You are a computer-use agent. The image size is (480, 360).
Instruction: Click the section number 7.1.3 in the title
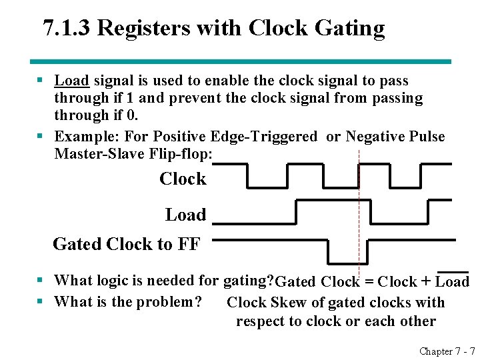[69, 29]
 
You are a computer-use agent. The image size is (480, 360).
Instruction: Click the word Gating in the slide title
[351, 29]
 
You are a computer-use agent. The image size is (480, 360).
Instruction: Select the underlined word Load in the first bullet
[71, 81]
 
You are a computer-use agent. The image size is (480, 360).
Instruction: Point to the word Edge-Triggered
[263, 137]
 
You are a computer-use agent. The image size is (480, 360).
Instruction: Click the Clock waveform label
[183, 179]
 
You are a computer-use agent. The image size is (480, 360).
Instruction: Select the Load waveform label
[185, 215]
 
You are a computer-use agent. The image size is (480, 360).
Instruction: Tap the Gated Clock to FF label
[126, 245]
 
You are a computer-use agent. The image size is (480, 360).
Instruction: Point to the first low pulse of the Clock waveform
[267, 186]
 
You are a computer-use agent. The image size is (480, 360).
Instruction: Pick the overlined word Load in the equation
[453, 282]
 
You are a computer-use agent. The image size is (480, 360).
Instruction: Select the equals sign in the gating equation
[369, 282]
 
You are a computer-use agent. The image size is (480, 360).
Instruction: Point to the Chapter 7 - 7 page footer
[447, 351]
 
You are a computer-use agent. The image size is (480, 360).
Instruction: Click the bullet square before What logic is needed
[41, 281]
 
